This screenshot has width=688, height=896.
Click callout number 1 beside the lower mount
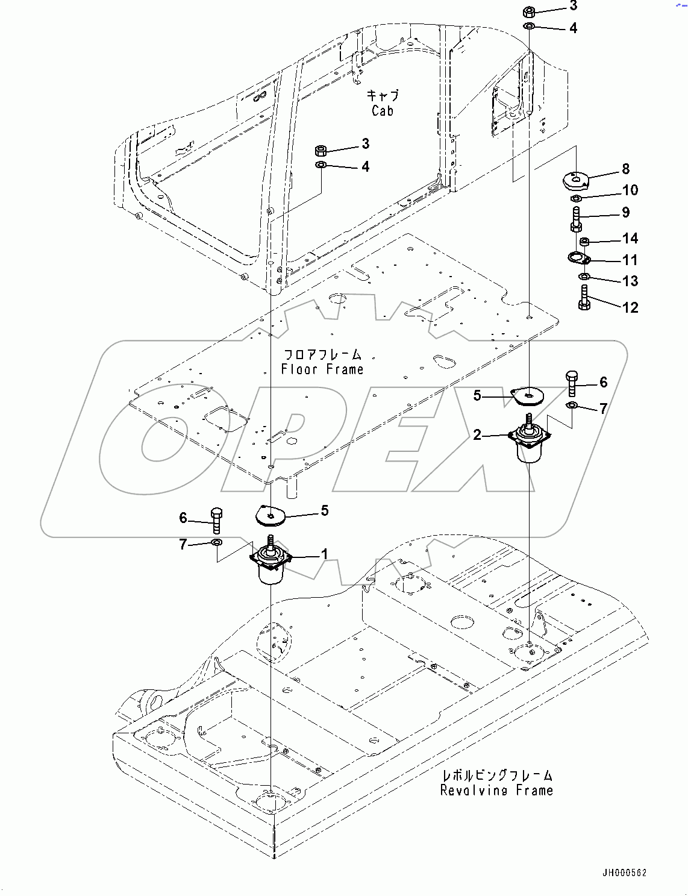pos(325,554)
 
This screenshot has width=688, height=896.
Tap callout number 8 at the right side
pos(625,169)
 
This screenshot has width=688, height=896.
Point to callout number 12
pos(630,307)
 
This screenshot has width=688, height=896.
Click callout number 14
pos(630,239)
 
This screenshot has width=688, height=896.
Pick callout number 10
pos(630,190)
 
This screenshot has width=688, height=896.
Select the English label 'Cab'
pos(383,111)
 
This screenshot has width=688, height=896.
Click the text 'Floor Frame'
pos(322,369)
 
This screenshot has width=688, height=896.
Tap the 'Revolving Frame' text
pos(496,790)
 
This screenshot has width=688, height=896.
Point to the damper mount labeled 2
pos(529,442)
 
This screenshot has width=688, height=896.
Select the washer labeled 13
pos(583,277)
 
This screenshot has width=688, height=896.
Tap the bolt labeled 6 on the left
pos(216,520)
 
